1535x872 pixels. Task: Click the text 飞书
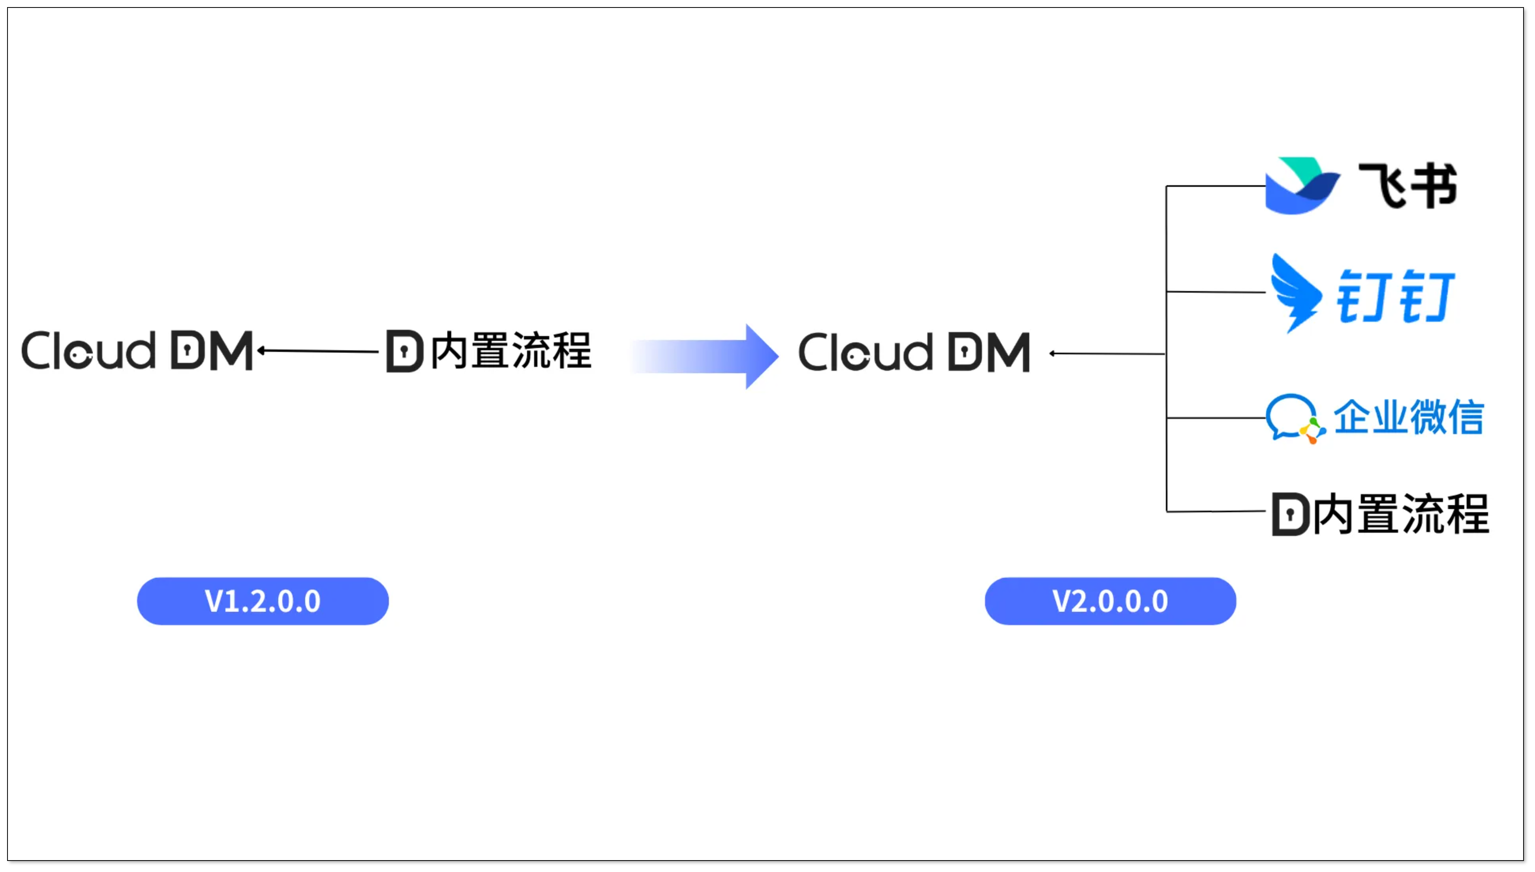(x=1407, y=186)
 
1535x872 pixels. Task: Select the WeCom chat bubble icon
(x=1293, y=417)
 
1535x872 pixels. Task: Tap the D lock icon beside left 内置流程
(x=405, y=351)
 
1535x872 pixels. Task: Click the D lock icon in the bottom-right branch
(x=1290, y=514)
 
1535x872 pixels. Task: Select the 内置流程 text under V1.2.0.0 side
(x=510, y=351)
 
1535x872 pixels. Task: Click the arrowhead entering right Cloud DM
(x=1053, y=353)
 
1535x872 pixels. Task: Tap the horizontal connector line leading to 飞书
(x=1215, y=186)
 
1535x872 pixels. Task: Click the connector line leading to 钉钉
(x=1215, y=292)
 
